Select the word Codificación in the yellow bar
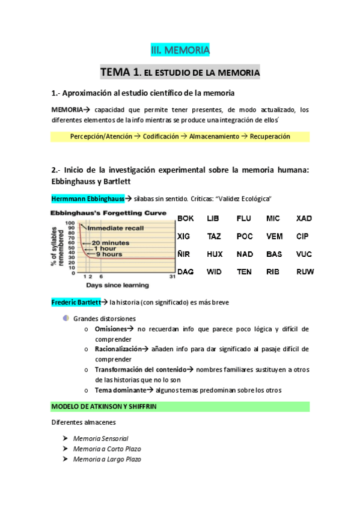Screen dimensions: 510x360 tap(160, 137)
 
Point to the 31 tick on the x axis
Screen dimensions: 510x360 tap(172, 276)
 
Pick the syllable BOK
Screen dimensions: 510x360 tap(185, 218)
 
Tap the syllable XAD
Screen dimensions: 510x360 tap(304, 218)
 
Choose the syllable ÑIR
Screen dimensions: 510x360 tap(185, 254)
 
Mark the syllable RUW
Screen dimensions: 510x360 tap(305, 272)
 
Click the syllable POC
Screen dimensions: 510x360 tap(244, 236)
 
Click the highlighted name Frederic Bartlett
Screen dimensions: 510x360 tap(75, 302)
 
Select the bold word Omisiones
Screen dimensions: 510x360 tap(111, 329)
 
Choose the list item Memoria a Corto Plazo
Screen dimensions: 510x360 tap(106, 449)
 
